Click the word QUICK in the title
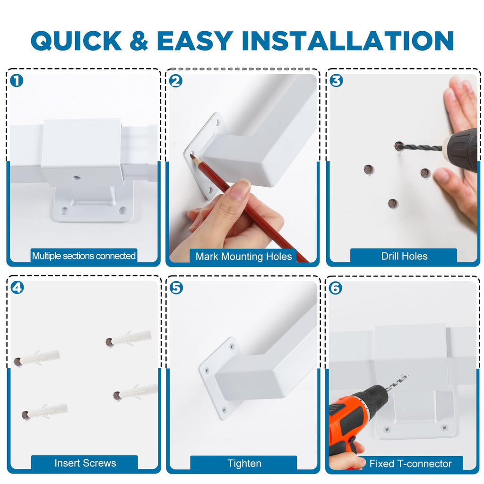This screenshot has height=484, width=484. [x=76, y=41]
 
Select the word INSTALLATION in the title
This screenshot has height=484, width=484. [x=347, y=41]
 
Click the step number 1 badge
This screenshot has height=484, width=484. [x=17, y=81]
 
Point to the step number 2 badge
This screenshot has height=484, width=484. [x=176, y=81]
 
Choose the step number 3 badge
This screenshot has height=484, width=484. [x=336, y=81]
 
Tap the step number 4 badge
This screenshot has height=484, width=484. [x=17, y=288]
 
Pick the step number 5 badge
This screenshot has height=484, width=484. [x=176, y=288]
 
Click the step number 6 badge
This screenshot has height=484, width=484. [x=336, y=288]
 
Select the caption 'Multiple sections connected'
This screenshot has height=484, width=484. [x=84, y=256]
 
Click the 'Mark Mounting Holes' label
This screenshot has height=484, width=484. [x=243, y=257]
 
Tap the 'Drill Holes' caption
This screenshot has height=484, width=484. [x=405, y=256]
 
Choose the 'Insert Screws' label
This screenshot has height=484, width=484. [x=85, y=463]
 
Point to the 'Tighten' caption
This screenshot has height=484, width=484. [x=244, y=463]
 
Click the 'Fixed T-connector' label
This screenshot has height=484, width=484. [x=411, y=464]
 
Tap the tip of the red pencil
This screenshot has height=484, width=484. [x=191, y=156]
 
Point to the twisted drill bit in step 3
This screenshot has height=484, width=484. [x=421, y=147]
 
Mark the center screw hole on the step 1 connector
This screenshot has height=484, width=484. [x=76, y=178]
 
